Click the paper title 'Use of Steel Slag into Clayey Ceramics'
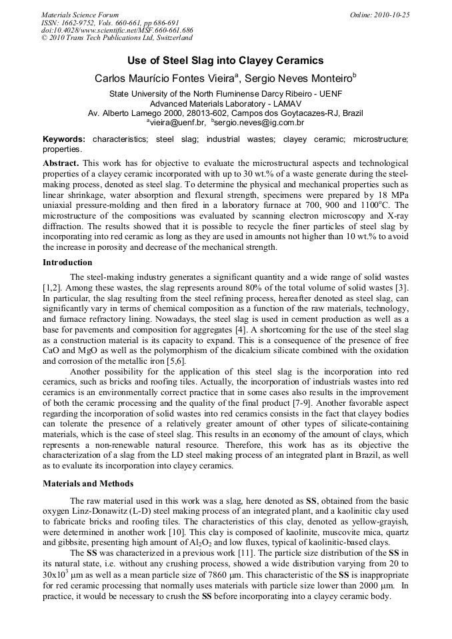pyautogui.click(x=225, y=61)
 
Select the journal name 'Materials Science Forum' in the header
pyautogui.click(x=80, y=15)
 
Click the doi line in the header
pyautogui.click(x=117, y=31)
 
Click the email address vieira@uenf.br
pyautogui.click(x=175, y=123)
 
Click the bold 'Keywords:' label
pyautogui.click(x=64, y=139)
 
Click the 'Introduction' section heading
pyautogui.click(x=67, y=263)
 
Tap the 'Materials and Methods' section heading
pyautogui.click(x=88, y=483)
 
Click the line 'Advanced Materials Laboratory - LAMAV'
pyautogui.click(x=225, y=103)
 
